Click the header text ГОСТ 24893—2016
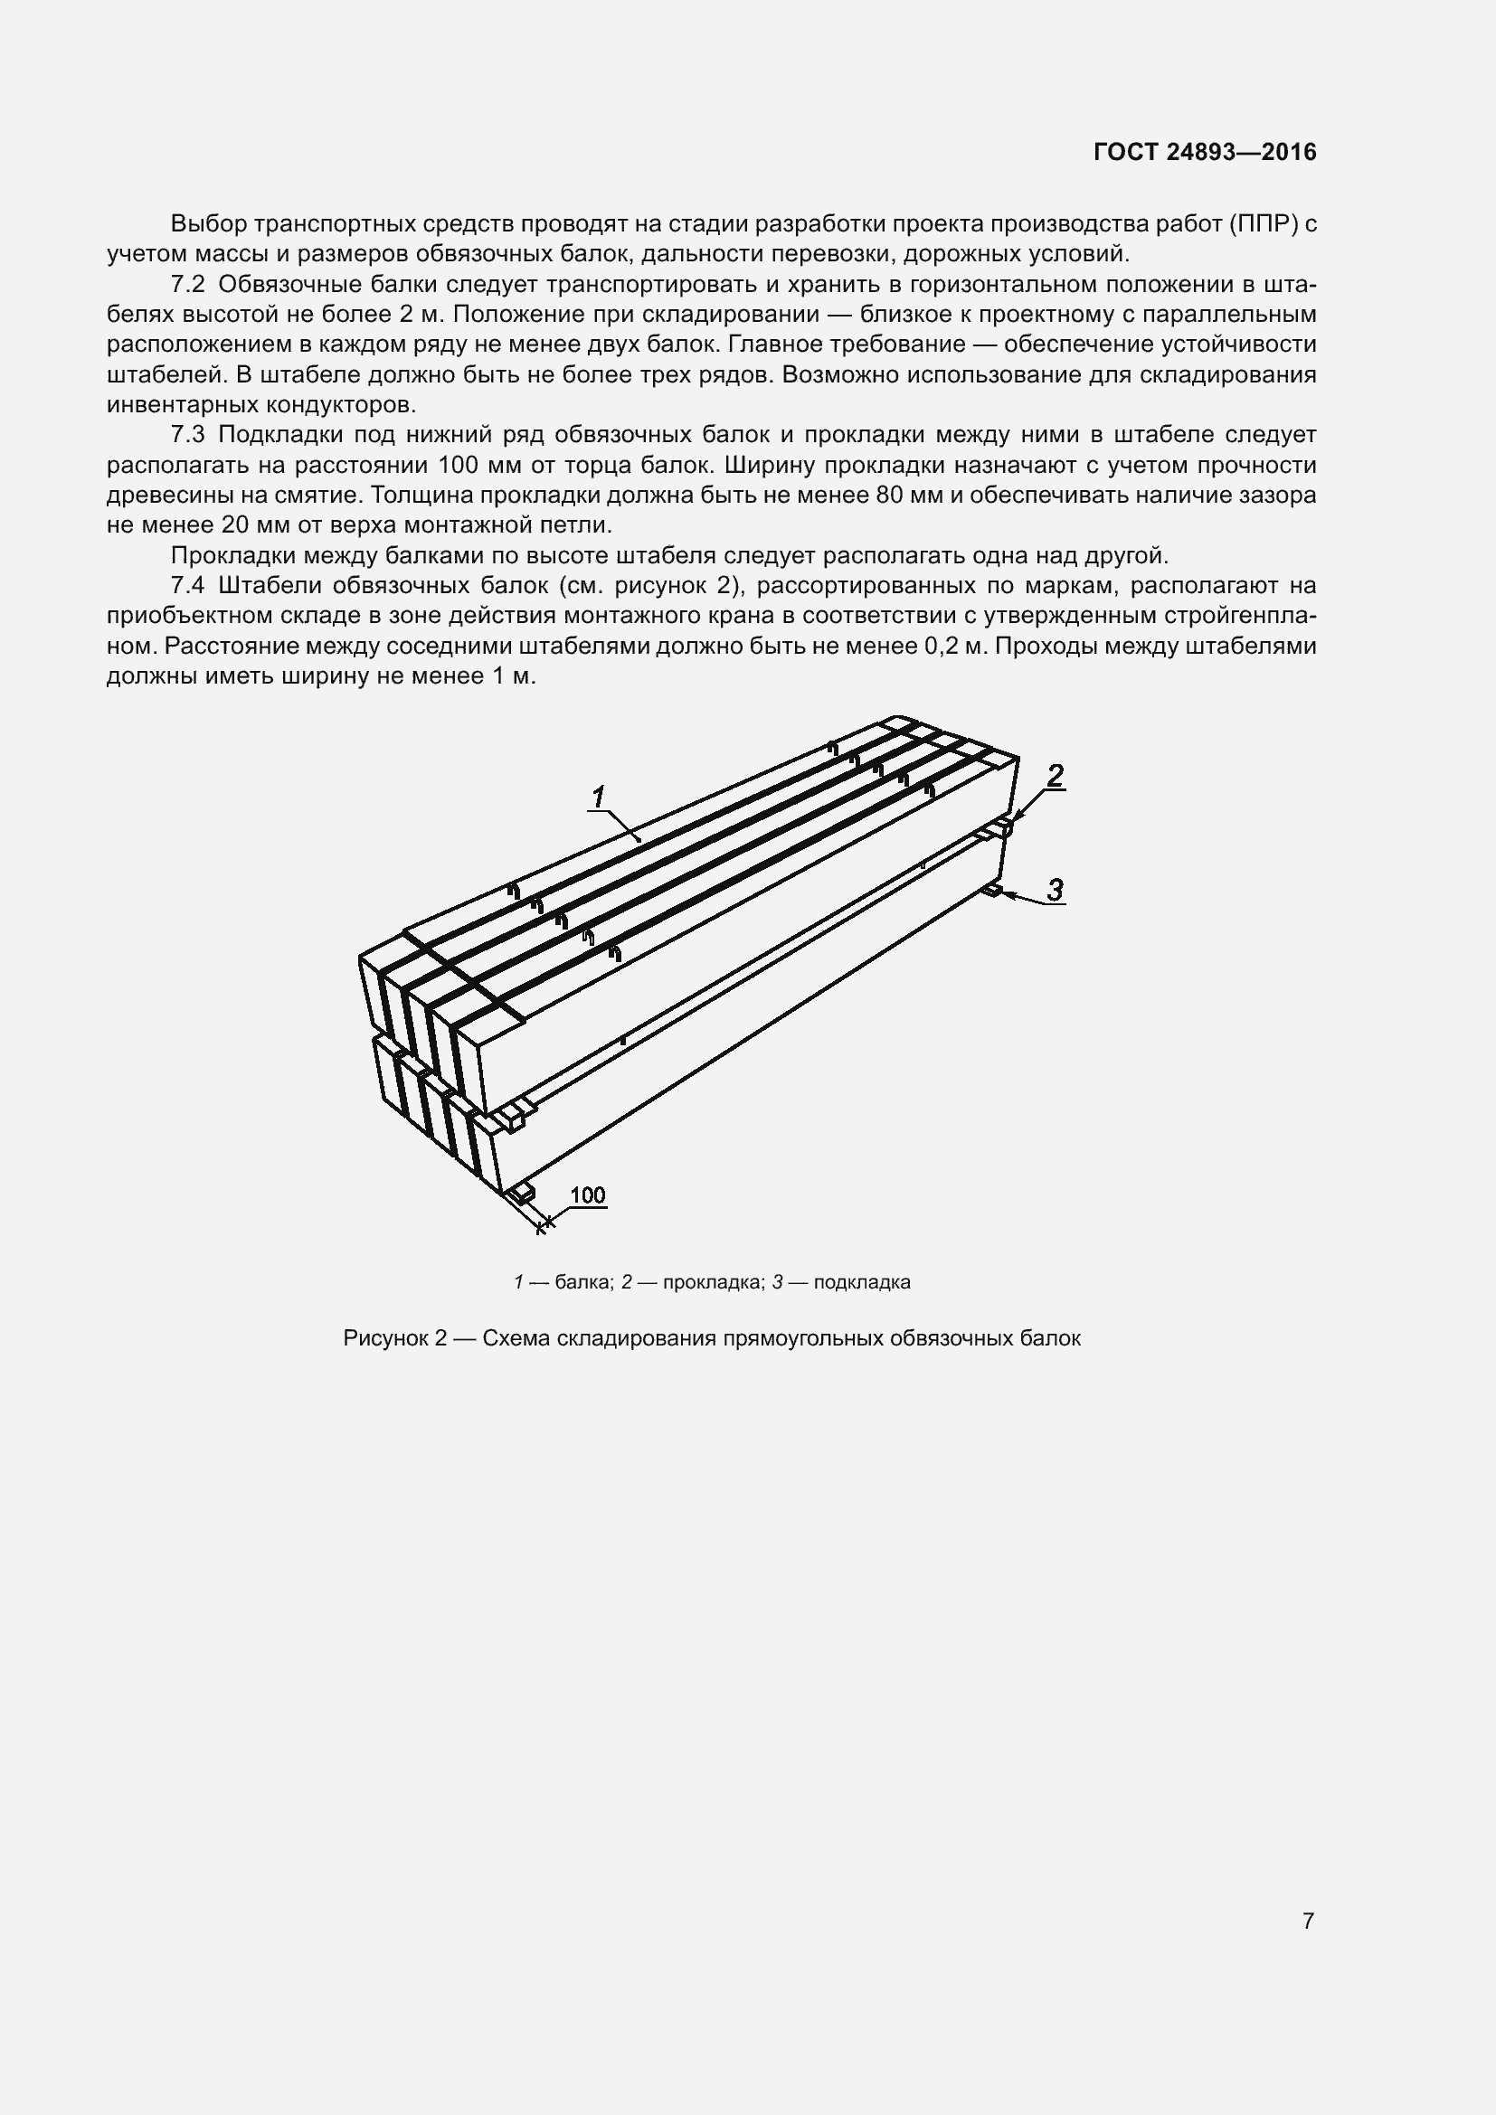(x=1205, y=152)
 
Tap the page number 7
(x=1308, y=1921)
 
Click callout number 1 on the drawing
(x=599, y=795)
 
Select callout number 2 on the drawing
(x=1056, y=775)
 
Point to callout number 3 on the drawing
(x=1056, y=889)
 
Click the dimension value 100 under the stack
(x=588, y=1194)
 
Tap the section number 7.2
(x=188, y=284)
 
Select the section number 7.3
(x=188, y=435)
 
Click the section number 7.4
(x=188, y=586)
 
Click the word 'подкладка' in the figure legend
(x=862, y=1282)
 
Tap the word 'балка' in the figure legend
(x=583, y=1282)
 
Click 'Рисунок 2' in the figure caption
(x=394, y=1338)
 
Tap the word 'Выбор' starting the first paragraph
(x=207, y=224)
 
